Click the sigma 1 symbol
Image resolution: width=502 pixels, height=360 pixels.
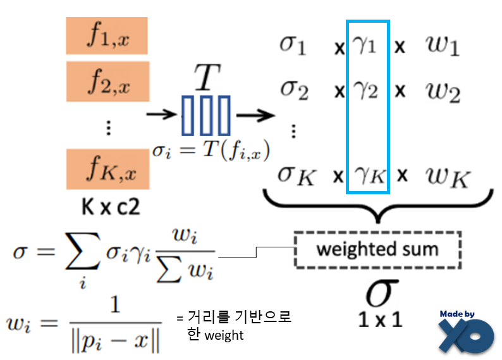(x=293, y=46)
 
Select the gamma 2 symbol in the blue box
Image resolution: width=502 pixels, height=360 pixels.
(x=367, y=90)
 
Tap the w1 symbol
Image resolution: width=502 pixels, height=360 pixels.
(x=443, y=46)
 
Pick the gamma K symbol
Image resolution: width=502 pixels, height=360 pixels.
(x=369, y=175)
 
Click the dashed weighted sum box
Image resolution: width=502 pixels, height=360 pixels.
(x=377, y=248)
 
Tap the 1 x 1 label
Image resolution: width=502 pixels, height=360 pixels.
(x=379, y=319)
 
